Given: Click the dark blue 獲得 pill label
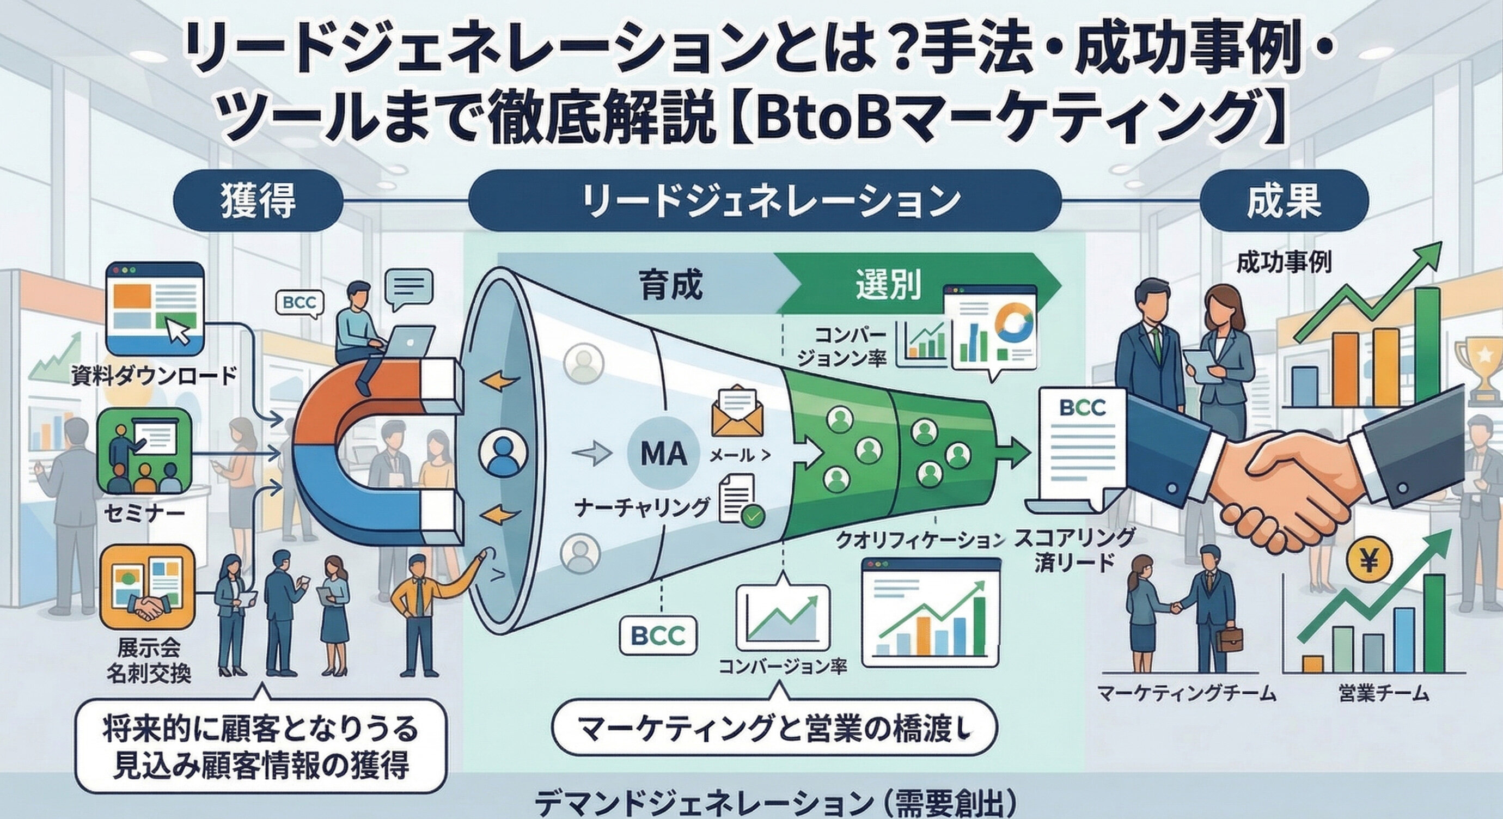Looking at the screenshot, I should coord(258,202).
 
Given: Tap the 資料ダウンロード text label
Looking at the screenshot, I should coord(154,375).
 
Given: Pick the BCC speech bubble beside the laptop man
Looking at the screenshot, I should coord(299,303).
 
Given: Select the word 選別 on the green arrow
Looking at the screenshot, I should coord(889,285).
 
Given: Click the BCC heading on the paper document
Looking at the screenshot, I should coord(1083,408).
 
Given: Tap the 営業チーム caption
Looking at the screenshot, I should coord(1383,694).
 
